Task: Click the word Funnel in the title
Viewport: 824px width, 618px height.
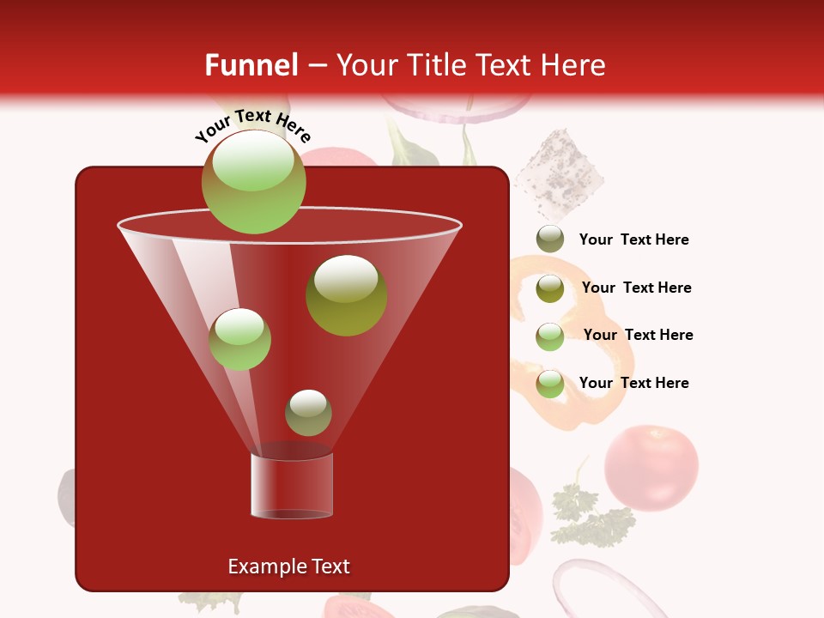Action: click(x=251, y=65)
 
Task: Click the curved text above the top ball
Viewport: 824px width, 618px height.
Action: click(x=252, y=125)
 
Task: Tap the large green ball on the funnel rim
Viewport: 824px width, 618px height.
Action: click(x=253, y=182)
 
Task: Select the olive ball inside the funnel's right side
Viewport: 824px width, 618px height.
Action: click(x=346, y=295)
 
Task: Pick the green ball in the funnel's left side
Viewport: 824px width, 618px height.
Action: click(x=239, y=339)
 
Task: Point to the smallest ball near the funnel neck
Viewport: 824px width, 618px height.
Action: click(x=308, y=413)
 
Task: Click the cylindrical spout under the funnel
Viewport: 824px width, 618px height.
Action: click(x=292, y=486)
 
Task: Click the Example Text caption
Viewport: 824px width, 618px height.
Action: click(x=288, y=566)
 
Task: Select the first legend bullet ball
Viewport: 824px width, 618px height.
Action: click(x=550, y=239)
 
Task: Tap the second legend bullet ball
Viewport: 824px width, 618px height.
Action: click(x=550, y=288)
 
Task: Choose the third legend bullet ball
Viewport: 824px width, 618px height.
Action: click(x=550, y=336)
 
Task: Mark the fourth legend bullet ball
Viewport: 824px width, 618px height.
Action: click(x=550, y=384)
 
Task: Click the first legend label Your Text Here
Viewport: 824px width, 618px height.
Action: click(x=633, y=240)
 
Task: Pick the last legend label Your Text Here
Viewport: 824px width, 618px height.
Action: click(x=633, y=383)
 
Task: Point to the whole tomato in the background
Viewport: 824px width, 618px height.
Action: click(x=651, y=468)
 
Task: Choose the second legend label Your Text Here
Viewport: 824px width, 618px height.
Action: click(x=636, y=288)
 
